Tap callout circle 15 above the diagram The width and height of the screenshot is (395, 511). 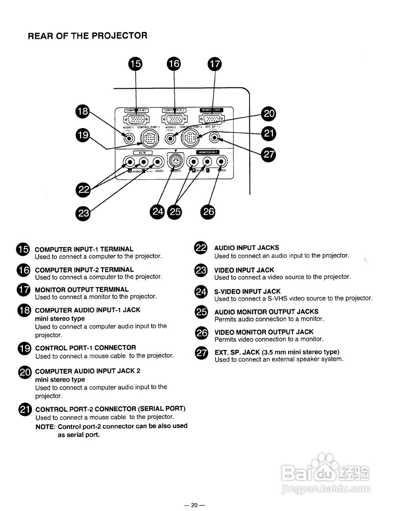[x=136, y=63]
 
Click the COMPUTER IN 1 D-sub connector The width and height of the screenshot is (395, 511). [x=136, y=119]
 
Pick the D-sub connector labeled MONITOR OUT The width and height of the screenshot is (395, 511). [x=211, y=119]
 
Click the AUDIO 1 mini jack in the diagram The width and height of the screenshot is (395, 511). [x=129, y=139]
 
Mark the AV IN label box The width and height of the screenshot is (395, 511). [x=142, y=153]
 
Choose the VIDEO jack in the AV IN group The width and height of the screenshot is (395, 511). [x=158, y=162]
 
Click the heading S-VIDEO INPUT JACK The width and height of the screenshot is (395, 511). [x=247, y=291]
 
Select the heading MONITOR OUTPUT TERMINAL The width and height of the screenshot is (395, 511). [x=82, y=289]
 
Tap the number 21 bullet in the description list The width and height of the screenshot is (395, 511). [x=25, y=409]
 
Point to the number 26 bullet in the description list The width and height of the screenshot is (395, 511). [x=201, y=333]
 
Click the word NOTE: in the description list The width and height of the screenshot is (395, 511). [x=45, y=426]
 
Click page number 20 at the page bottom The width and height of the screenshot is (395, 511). [x=194, y=505]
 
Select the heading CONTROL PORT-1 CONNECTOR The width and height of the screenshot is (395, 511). [x=85, y=348]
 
